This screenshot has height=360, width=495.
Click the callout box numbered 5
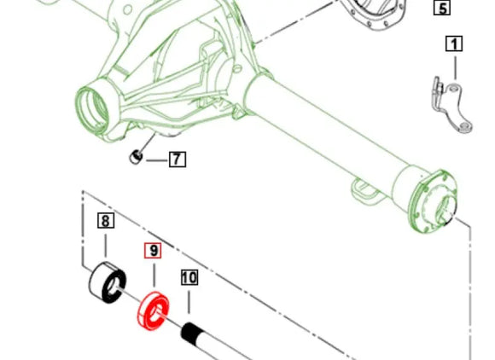tap(441, 9)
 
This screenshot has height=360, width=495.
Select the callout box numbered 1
tap(453, 44)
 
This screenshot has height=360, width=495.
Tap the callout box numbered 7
tap(177, 159)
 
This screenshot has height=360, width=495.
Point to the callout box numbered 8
tap(105, 222)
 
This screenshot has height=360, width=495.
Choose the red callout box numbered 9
tap(153, 251)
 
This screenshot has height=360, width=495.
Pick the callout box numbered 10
tap(189, 277)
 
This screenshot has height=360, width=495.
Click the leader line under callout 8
tap(105, 247)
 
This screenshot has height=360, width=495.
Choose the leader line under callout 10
tap(189, 303)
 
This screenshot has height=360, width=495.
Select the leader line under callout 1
tap(453, 66)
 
